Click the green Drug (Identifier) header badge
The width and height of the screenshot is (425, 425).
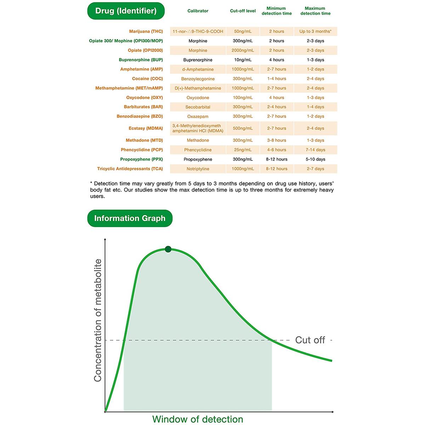[126, 11]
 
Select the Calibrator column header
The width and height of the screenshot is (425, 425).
[198, 11]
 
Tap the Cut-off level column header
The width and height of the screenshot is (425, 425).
[243, 11]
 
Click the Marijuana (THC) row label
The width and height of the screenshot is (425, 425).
[146, 31]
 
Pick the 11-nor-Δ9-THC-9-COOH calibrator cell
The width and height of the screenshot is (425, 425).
[198, 31]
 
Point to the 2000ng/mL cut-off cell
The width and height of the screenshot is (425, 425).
[243, 50]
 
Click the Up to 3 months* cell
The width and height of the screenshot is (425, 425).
[315, 31]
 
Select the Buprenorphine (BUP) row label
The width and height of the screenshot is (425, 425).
[141, 60]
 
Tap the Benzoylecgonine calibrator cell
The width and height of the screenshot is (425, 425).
[198, 79]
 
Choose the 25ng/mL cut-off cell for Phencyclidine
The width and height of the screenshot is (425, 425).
[243, 150]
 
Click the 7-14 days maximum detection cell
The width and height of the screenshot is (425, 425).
[315, 150]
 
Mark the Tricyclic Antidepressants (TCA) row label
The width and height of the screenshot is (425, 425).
[130, 169]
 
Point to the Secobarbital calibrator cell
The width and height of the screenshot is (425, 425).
[198, 107]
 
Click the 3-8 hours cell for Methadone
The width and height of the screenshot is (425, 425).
[277, 140]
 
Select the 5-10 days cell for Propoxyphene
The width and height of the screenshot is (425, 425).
[315, 159]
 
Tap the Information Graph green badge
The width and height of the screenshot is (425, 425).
[130, 218]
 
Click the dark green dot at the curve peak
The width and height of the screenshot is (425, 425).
[168, 249]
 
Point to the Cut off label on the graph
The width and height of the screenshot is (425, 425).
[310, 340]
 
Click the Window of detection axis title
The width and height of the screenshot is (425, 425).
[198, 419]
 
